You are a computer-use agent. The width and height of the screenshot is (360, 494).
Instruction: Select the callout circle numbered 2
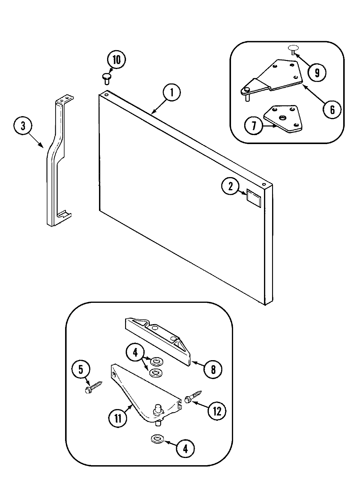[x=230, y=187]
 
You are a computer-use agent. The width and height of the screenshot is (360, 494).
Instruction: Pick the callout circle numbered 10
[x=116, y=60]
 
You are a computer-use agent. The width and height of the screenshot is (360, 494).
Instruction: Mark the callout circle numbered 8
[x=213, y=369]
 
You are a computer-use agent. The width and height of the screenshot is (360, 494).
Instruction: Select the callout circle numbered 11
[x=118, y=418]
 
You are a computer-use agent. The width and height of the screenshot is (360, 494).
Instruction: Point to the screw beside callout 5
[x=94, y=387]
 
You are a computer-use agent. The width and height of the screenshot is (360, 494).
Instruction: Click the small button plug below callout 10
[x=107, y=79]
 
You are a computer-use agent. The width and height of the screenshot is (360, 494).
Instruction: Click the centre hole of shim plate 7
[x=282, y=118]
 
